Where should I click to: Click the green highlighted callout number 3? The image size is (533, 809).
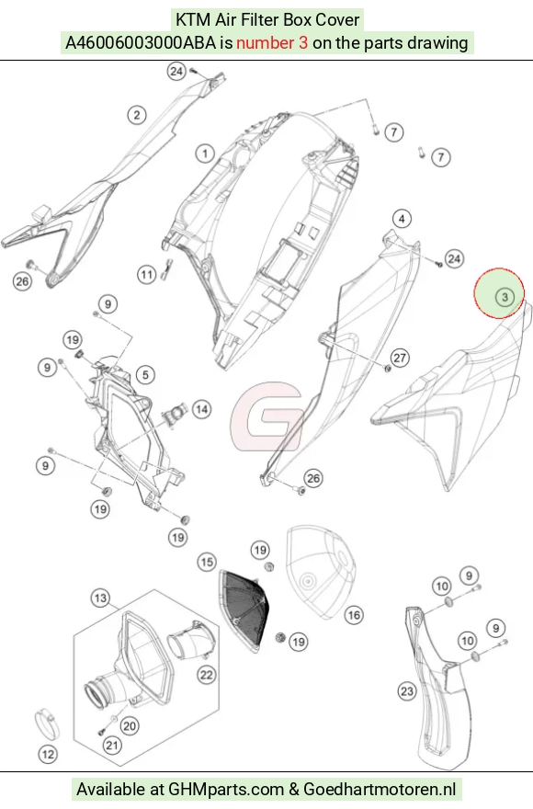[x=505, y=297]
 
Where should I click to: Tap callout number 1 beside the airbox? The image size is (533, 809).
[x=205, y=154]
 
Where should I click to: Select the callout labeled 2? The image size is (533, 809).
[x=137, y=115]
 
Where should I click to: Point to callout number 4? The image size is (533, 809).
[x=402, y=219]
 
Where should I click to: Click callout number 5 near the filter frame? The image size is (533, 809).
[x=145, y=374]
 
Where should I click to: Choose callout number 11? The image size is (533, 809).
[x=146, y=274]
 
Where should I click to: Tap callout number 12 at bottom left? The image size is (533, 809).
[x=48, y=755]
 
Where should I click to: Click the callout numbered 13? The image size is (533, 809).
[x=100, y=598]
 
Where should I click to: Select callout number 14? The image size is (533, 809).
[x=202, y=410]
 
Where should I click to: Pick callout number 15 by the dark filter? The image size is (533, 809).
[x=207, y=562]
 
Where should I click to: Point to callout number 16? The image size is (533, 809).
[x=354, y=614]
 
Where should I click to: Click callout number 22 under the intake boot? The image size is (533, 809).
[x=207, y=675]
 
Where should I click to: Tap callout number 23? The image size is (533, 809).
[x=407, y=690]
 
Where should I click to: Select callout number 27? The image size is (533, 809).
[x=400, y=358]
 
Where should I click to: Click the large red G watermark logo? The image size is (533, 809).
[x=266, y=416]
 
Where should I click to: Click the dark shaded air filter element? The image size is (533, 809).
[x=244, y=611]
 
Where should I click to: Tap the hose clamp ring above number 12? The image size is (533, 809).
[x=47, y=724]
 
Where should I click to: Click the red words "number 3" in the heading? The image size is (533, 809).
[x=272, y=42]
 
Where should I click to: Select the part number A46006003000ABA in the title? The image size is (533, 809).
[x=141, y=42]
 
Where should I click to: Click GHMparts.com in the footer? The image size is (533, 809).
[x=226, y=789]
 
